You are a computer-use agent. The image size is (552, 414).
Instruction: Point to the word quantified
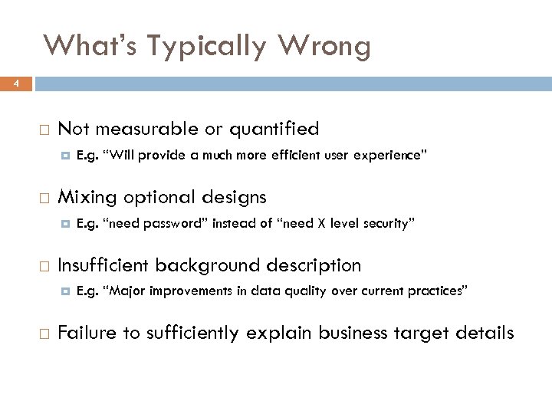point(271,129)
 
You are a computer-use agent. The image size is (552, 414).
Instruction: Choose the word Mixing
point(87,197)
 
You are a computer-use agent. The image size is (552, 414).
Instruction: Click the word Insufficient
point(103,265)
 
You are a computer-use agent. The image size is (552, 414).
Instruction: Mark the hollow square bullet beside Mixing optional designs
point(44,198)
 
